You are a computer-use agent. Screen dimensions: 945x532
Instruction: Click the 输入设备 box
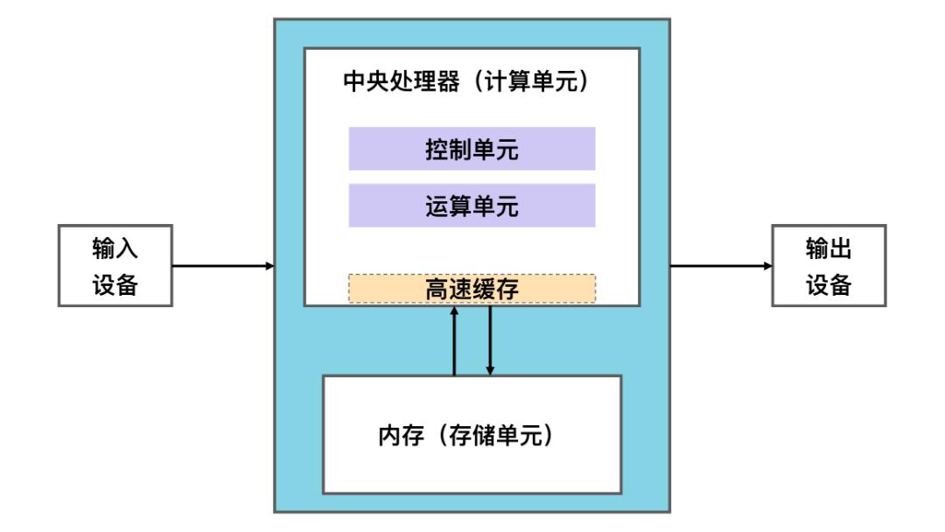point(115,266)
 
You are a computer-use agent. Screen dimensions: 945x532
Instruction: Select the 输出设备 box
point(829,266)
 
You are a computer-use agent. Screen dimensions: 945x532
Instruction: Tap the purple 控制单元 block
point(472,149)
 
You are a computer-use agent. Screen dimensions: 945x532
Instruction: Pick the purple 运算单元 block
point(472,206)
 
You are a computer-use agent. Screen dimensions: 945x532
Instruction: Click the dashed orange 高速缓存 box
point(472,289)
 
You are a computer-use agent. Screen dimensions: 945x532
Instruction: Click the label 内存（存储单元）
point(466,435)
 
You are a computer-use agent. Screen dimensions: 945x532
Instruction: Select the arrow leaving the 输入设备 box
point(223,266)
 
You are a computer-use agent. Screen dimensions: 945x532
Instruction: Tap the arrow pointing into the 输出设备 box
point(721,266)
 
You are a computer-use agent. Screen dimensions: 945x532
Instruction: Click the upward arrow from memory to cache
point(454,341)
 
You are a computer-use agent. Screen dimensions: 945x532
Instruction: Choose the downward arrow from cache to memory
point(490,341)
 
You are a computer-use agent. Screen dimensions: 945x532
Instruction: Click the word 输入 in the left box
point(115,248)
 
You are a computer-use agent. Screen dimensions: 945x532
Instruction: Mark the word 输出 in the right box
point(829,248)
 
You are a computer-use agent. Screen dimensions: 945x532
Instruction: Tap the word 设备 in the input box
point(115,284)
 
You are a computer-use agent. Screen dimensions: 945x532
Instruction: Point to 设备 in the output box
point(829,284)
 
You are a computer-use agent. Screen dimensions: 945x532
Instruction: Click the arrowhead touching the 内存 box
point(490,371)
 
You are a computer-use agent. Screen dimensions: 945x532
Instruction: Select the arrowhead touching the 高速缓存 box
point(454,311)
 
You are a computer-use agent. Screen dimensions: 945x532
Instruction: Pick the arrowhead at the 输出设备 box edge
point(768,266)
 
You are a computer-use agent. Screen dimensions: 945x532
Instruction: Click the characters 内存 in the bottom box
point(401,435)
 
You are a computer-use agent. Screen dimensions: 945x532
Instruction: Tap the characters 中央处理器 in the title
point(401,80)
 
